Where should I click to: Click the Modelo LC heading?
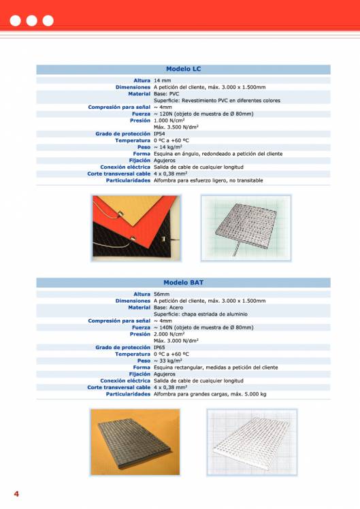click(x=183, y=69)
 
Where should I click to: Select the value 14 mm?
click(x=162, y=81)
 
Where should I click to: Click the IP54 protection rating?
click(x=159, y=134)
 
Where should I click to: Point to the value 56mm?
click(x=161, y=294)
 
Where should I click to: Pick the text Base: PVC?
click(x=166, y=94)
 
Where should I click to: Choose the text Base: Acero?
click(x=168, y=308)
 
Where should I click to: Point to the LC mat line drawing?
click(x=246, y=227)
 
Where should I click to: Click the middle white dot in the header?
click(x=31, y=20)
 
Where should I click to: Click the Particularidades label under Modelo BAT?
click(x=127, y=394)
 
